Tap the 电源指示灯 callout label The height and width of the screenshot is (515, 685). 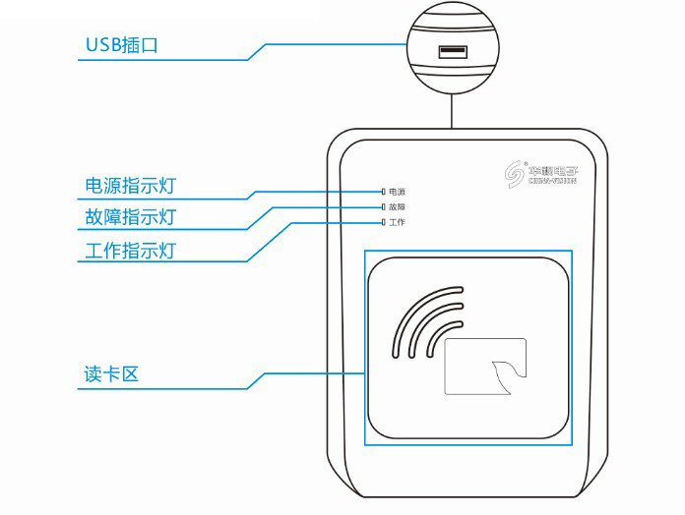130,186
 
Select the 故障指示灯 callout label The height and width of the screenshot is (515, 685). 130,217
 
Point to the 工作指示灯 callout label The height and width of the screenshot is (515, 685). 130,250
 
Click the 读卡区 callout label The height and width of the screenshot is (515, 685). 108,375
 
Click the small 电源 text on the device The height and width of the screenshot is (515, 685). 397,192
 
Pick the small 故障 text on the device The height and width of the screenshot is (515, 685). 397,207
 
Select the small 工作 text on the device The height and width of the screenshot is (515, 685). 397,223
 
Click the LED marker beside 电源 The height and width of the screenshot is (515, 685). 383,192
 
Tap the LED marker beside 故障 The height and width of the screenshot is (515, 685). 383,207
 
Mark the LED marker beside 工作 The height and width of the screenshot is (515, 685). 383,223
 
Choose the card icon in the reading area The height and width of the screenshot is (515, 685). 486,367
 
